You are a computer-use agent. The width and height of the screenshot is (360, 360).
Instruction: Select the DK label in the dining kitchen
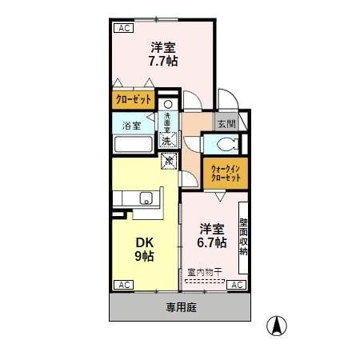(144, 242)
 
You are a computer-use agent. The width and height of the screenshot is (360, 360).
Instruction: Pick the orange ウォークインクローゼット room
(226, 172)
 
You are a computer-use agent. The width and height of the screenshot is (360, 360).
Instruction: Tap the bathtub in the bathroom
(132, 146)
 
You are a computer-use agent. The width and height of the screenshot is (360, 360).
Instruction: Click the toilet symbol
(223, 145)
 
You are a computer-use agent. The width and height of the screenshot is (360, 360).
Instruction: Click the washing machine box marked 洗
(166, 141)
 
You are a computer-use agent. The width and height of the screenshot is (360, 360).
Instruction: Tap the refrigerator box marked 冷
(170, 162)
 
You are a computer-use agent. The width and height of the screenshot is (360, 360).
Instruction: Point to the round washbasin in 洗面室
(168, 105)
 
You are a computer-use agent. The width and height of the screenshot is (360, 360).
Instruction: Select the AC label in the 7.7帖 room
(123, 29)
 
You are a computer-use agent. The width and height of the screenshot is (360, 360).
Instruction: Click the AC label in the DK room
(123, 284)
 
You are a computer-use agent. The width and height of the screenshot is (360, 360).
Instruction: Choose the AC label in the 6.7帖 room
(237, 284)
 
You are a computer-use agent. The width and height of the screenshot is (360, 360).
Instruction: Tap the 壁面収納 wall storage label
(243, 236)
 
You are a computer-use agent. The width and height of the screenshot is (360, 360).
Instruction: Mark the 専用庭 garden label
(180, 306)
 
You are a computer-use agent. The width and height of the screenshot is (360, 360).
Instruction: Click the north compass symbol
(276, 326)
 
